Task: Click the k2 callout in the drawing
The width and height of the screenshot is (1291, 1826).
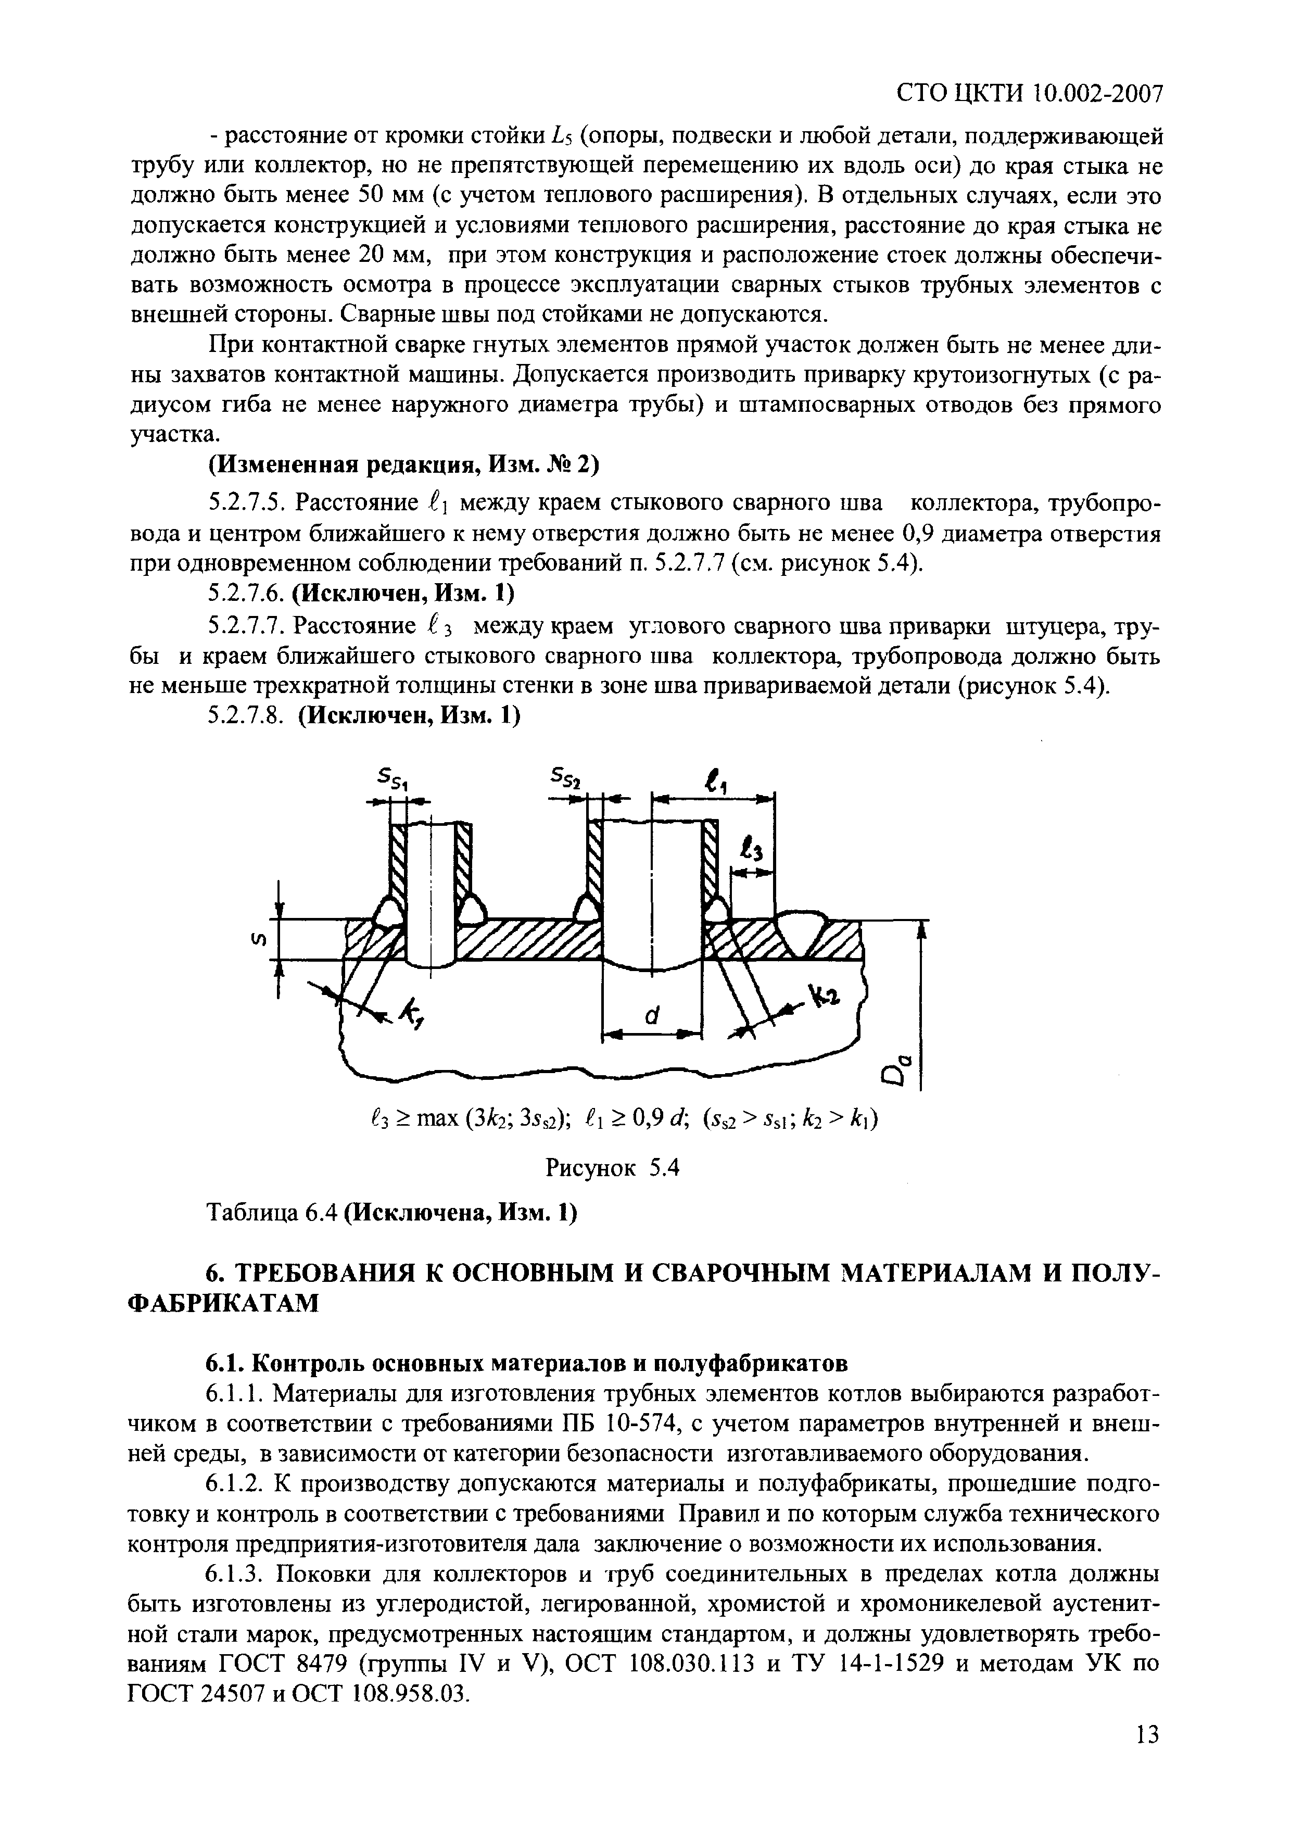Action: (824, 995)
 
